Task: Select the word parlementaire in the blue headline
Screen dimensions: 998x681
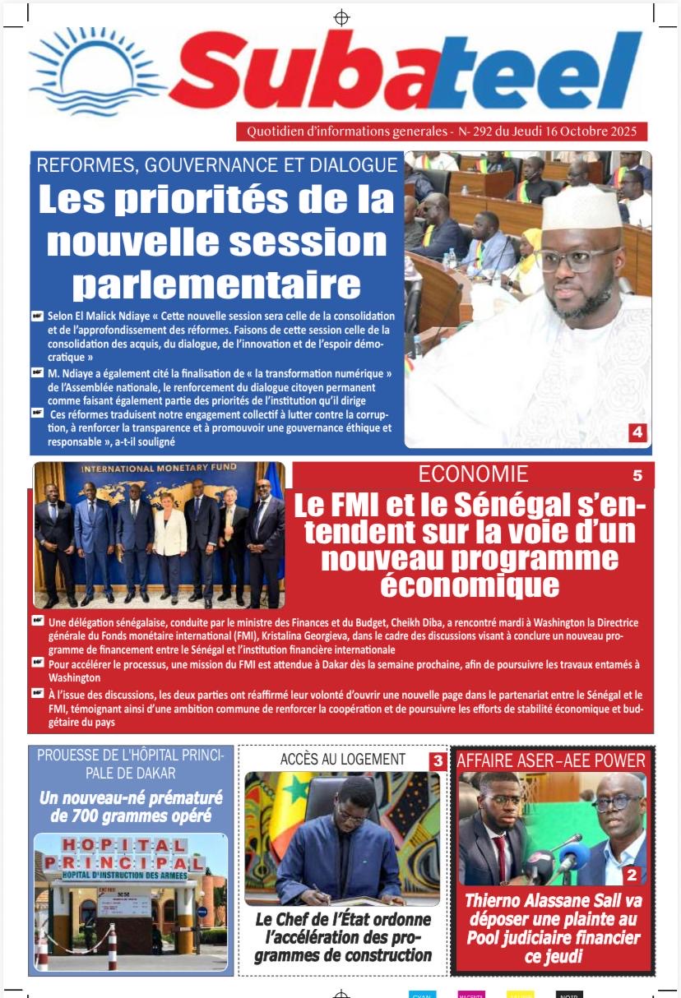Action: [x=217, y=284]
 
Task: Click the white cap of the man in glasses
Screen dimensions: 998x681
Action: [x=581, y=209]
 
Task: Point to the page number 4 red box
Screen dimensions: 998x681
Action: [x=637, y=432]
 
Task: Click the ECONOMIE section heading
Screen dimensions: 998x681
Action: [x=473, y=474]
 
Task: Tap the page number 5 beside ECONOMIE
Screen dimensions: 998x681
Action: [x=637, y=476]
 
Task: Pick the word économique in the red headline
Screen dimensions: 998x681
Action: [x=470, y=586]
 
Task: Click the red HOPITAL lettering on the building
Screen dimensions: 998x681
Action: [x=124, y=845]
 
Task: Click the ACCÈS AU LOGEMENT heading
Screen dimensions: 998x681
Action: [x=343, y=759]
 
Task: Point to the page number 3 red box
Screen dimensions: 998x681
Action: [x=438, y=760]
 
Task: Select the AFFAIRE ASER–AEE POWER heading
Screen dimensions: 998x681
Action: [x=552, y=760]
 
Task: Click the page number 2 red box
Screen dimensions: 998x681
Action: [x=632, y=875]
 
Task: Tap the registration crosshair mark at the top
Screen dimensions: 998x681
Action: [x=341, y=17]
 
